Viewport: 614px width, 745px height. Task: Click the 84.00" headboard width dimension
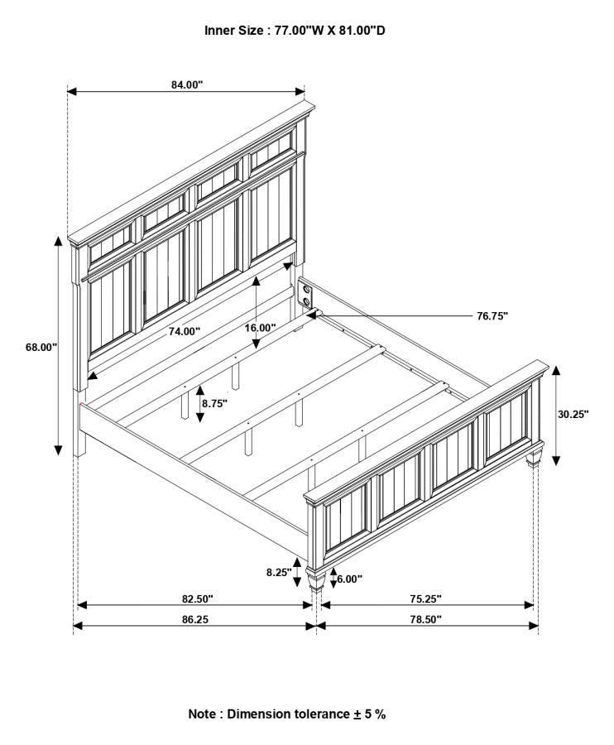pos(187,84)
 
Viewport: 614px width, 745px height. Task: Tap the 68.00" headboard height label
pos(41,348)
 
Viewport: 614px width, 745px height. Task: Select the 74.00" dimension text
pos(185,332)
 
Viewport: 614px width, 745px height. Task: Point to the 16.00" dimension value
pos(260,328)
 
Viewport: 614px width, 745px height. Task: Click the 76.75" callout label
pos(492,316)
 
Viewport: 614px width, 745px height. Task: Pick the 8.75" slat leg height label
pos(214,404)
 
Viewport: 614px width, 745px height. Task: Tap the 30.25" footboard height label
pos(573,414)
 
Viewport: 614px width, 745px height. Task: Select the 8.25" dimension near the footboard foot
pos(279,573)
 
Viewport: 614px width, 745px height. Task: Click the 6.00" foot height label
pos(349,579)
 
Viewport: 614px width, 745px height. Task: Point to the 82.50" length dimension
pos(198,599)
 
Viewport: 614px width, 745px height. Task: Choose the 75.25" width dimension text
pos(426,599)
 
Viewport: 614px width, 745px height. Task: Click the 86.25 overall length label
pos(195,619)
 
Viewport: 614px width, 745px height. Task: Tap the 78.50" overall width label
pos(426,619)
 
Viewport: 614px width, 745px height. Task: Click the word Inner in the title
pos(220,31)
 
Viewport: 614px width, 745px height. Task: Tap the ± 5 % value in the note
pos(369,714)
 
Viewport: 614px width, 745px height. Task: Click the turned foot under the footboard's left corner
pos(316,579)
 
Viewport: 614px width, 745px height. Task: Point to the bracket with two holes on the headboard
pos(305,293)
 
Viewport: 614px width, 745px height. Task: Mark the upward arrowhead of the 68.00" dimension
pos(58,241)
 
